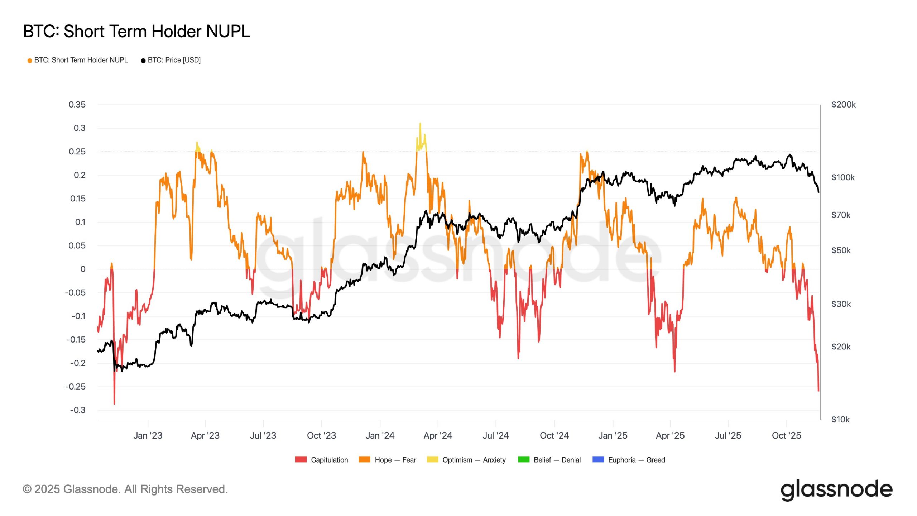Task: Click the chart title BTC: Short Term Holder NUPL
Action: (x=136, y=32)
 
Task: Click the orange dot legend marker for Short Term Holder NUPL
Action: (x=30, y=61)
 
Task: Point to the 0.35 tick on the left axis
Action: (x=77, y=105)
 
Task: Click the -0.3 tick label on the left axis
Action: (x=78, y=410)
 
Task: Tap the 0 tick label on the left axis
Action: (x=83, y=269)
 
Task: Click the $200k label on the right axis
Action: (x=843, y=105)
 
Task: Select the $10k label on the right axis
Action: (x=840, y=419)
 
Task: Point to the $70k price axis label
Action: (x=840, y=215)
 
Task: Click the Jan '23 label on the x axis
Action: (x=148, y=435)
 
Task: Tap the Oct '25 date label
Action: (x=786, y=435)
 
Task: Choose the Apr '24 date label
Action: (x=438, y=435)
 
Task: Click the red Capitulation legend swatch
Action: (x=301, y=459)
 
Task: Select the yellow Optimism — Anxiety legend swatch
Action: (x=432, y=459)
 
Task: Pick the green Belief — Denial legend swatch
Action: (x=524, y=459)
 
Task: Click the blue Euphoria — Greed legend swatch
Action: (x=598, y=459)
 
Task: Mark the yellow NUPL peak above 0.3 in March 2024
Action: (x=420, y=124)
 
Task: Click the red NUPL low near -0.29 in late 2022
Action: (x=114, y=403)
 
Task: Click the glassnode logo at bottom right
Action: (x=836, y=489)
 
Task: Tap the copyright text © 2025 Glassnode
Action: (x=125, y=489)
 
